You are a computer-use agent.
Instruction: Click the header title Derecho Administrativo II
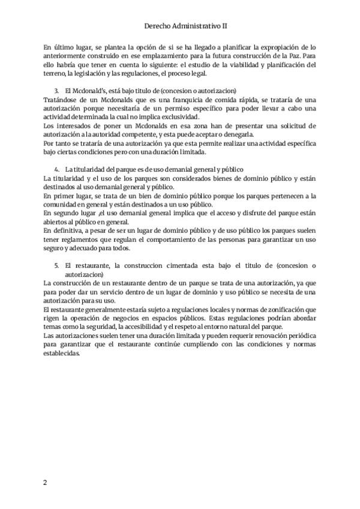pos(186,26)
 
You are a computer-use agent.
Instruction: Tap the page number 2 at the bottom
pos(44,483)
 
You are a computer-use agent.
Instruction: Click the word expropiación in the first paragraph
pos(272,46)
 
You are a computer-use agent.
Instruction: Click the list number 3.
pos(56,89)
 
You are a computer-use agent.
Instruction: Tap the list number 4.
pos(56,170)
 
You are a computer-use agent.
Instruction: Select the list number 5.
pos(56,265)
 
